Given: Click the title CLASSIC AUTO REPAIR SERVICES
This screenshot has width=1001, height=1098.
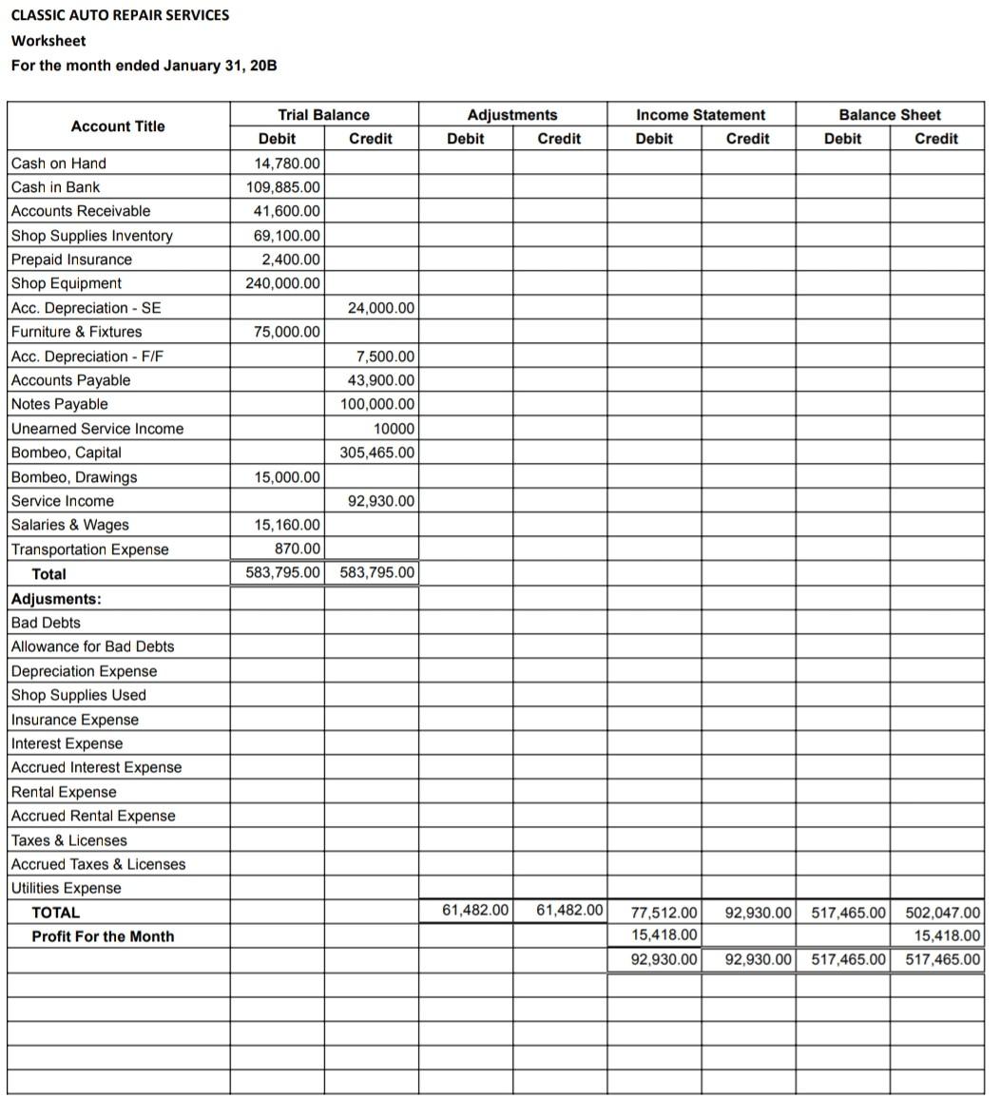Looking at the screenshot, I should coord(120,15).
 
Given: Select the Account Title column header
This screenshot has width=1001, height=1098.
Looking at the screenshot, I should coord(118,126).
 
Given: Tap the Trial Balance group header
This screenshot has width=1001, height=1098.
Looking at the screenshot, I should coord(323,115).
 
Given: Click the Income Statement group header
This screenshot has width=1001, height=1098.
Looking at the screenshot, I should coord(701,115).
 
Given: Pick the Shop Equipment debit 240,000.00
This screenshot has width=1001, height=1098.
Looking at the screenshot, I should coord(283,283).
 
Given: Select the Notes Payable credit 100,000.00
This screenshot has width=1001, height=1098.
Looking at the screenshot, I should coord(377,404).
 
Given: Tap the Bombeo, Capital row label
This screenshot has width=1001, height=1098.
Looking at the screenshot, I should coord(67,453).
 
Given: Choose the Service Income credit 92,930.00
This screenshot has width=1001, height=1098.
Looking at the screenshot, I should coord(381,501).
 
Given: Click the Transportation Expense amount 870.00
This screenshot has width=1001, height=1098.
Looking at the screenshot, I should coord(298,549).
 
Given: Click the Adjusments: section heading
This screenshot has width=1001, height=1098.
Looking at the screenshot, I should coord(56,599).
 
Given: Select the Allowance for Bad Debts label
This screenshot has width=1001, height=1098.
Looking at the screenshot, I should coord(93,646).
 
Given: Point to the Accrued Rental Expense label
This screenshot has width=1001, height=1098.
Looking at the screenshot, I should coord(93,816).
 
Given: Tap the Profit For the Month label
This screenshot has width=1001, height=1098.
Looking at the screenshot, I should coord(103,936).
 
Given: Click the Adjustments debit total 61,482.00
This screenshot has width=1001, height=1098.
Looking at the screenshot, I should coord(476,910).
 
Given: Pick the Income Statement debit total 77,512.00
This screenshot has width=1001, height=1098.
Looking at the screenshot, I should coord(664,913).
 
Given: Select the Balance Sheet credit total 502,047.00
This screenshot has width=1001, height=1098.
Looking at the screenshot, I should coord(942,913).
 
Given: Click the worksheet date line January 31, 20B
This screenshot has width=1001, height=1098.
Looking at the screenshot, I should coord(144,66).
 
